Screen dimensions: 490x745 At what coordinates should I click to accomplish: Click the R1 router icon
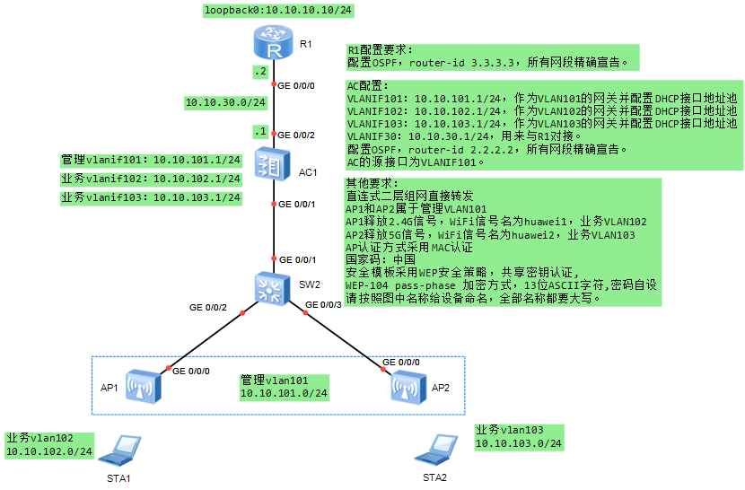pos(273,41)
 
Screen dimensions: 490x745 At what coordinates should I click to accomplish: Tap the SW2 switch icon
pos(272,286)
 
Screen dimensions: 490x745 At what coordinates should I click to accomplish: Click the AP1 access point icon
pos(144,386)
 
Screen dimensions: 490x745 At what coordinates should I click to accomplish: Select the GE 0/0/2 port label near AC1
pos(296,135)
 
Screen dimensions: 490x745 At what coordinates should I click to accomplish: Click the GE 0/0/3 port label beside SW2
pos(323,305)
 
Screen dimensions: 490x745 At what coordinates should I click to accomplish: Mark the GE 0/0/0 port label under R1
pos(296,86)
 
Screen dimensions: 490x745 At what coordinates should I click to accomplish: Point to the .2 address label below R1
pos(259,71)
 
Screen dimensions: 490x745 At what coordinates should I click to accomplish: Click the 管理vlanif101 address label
pos(151,160)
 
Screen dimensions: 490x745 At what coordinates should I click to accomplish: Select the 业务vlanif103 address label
pos(151,197)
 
